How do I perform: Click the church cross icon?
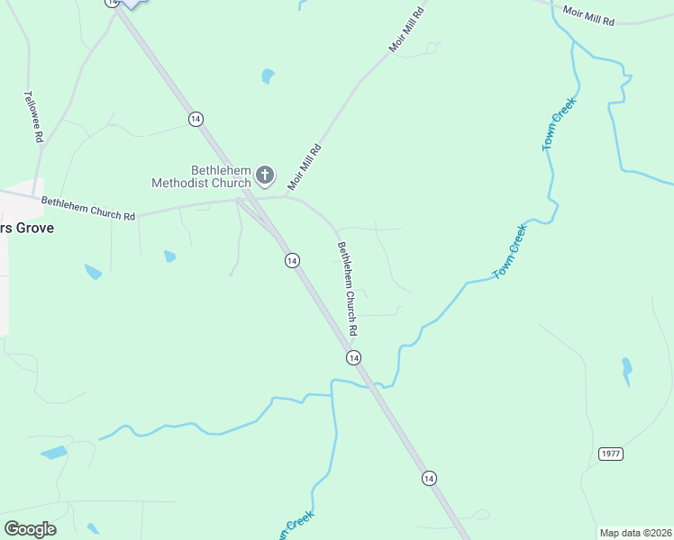pos(265,175)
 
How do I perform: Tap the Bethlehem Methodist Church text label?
pos(201,176)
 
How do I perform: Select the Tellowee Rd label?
pos(33,117)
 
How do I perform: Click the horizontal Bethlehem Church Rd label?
pos(88,210)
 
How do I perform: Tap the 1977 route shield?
pos(611,454)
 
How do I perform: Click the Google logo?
pos(30,528)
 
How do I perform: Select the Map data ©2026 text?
pos(634,532)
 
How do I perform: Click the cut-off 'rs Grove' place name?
pos(27,229)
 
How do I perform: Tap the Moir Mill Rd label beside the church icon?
pos(305,167)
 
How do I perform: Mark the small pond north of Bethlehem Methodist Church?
pos(267,76)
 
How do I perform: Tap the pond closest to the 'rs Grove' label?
pos(93,270)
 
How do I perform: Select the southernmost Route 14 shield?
pos(429,477)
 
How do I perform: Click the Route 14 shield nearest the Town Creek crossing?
pos(353,357)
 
